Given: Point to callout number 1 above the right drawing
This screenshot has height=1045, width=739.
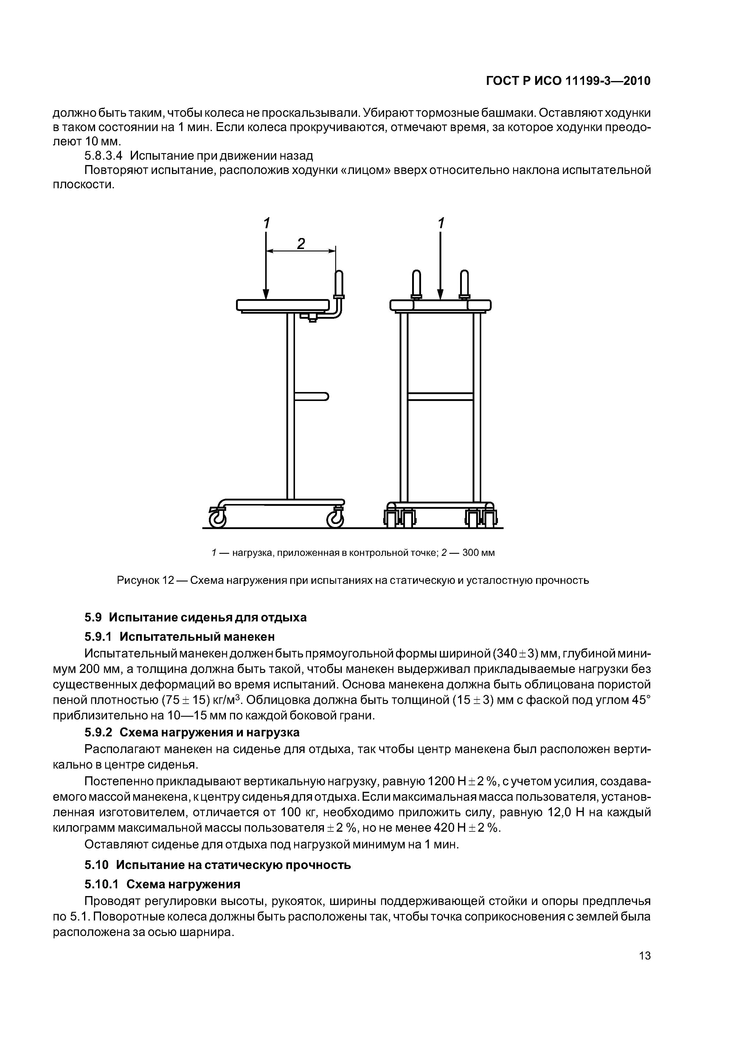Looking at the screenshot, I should pyautogui.click(x=440, y=223).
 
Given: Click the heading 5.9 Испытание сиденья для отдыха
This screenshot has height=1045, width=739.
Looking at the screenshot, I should pyautogui.click(x=196, y=617).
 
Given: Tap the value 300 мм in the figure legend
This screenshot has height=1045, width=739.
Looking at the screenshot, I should pyautogui.click(x=478, y=553).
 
